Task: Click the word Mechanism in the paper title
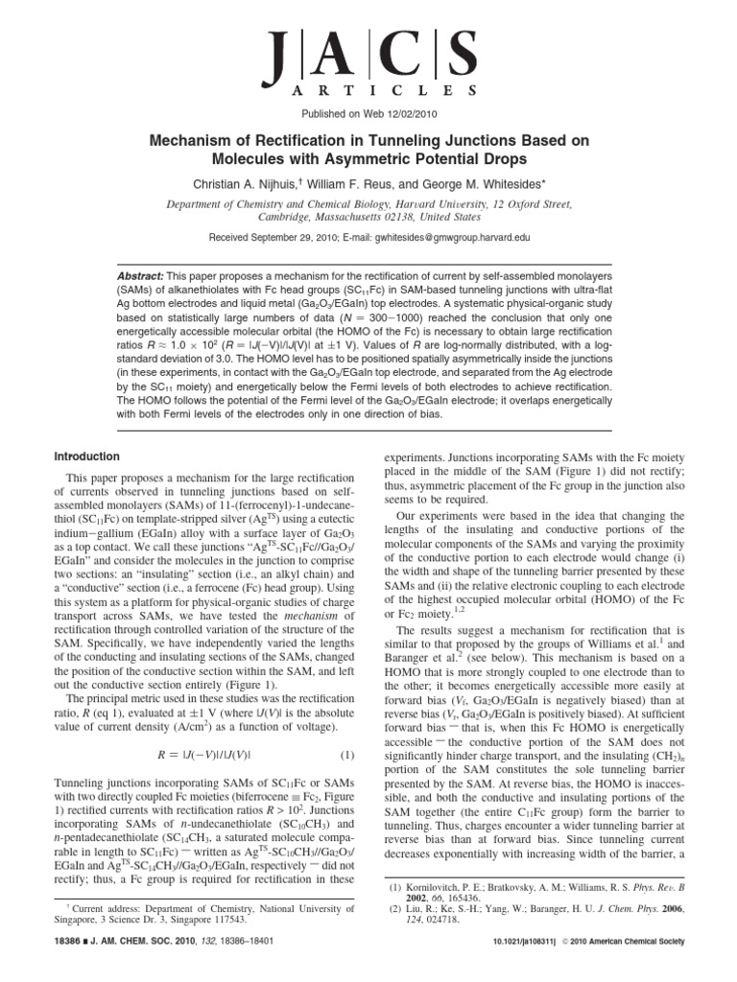pos(196,140)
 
